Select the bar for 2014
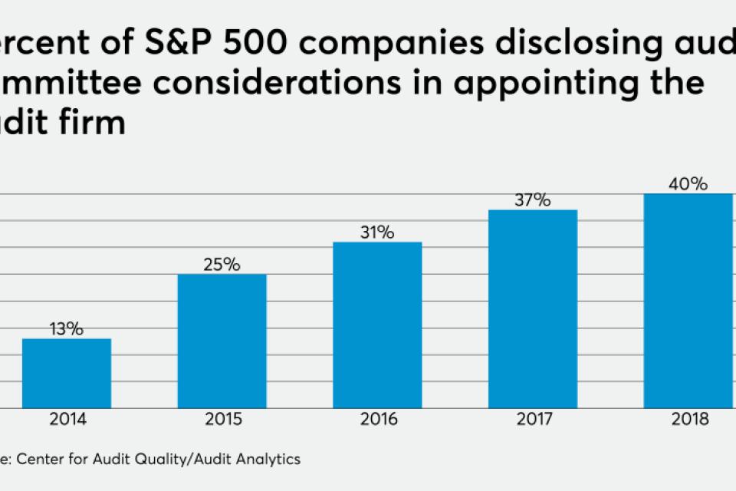tap(67, 373)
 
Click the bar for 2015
tap(222, 341)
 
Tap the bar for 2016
tap(377, 325)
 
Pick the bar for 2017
tap(533, 308)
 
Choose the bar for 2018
tap(688, 300)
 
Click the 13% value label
tap(67, 329)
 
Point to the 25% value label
tap(222, 265)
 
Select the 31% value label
tap(377, 232)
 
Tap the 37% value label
tap(533, 200)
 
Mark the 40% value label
tap(688, 184)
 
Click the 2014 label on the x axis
tap(67, 420)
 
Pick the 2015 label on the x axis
tap(222, 420)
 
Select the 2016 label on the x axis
tap(377, 420)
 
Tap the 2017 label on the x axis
tap(533, 420)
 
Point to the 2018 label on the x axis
tap(688, 420)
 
